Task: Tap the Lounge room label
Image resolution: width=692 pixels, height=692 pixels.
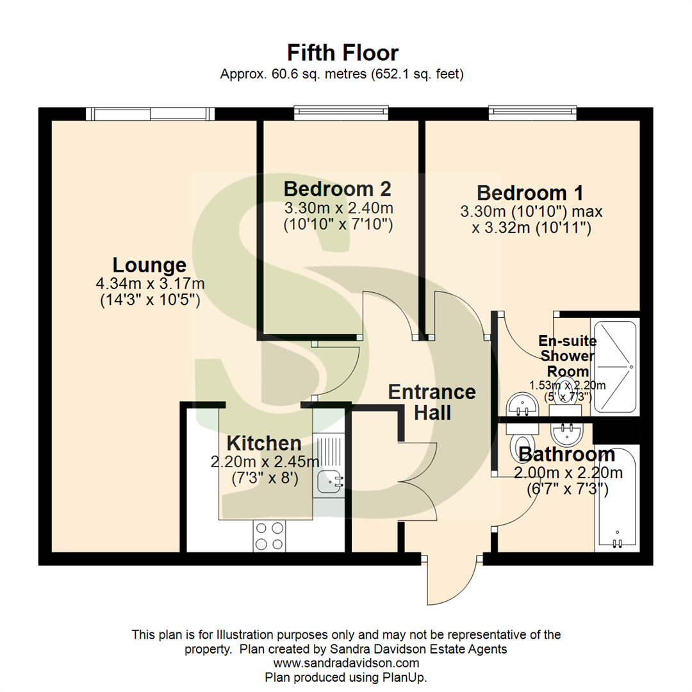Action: click(149, 265)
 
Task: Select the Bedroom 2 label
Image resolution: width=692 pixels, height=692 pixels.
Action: click(337, 189)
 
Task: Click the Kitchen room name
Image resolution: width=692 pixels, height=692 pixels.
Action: click(264, 443)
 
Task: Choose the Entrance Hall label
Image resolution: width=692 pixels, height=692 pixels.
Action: click(432, 402)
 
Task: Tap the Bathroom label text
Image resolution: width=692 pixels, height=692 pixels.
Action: click(566, 455)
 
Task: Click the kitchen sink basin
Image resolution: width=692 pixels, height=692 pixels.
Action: click(330, 479)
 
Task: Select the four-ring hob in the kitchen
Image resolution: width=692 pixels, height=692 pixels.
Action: click(269, 536)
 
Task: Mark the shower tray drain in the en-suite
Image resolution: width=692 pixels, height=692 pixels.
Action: click(631, 367)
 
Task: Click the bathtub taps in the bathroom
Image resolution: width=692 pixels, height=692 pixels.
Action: click(617, 542)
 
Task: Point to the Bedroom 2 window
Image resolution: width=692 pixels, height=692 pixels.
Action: click(341, 113)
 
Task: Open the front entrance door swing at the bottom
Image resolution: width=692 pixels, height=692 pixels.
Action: click(449, 580)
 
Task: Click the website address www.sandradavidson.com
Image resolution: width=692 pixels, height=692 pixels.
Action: click(346, 663)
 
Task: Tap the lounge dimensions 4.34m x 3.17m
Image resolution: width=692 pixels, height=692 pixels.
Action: click(149, 283)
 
